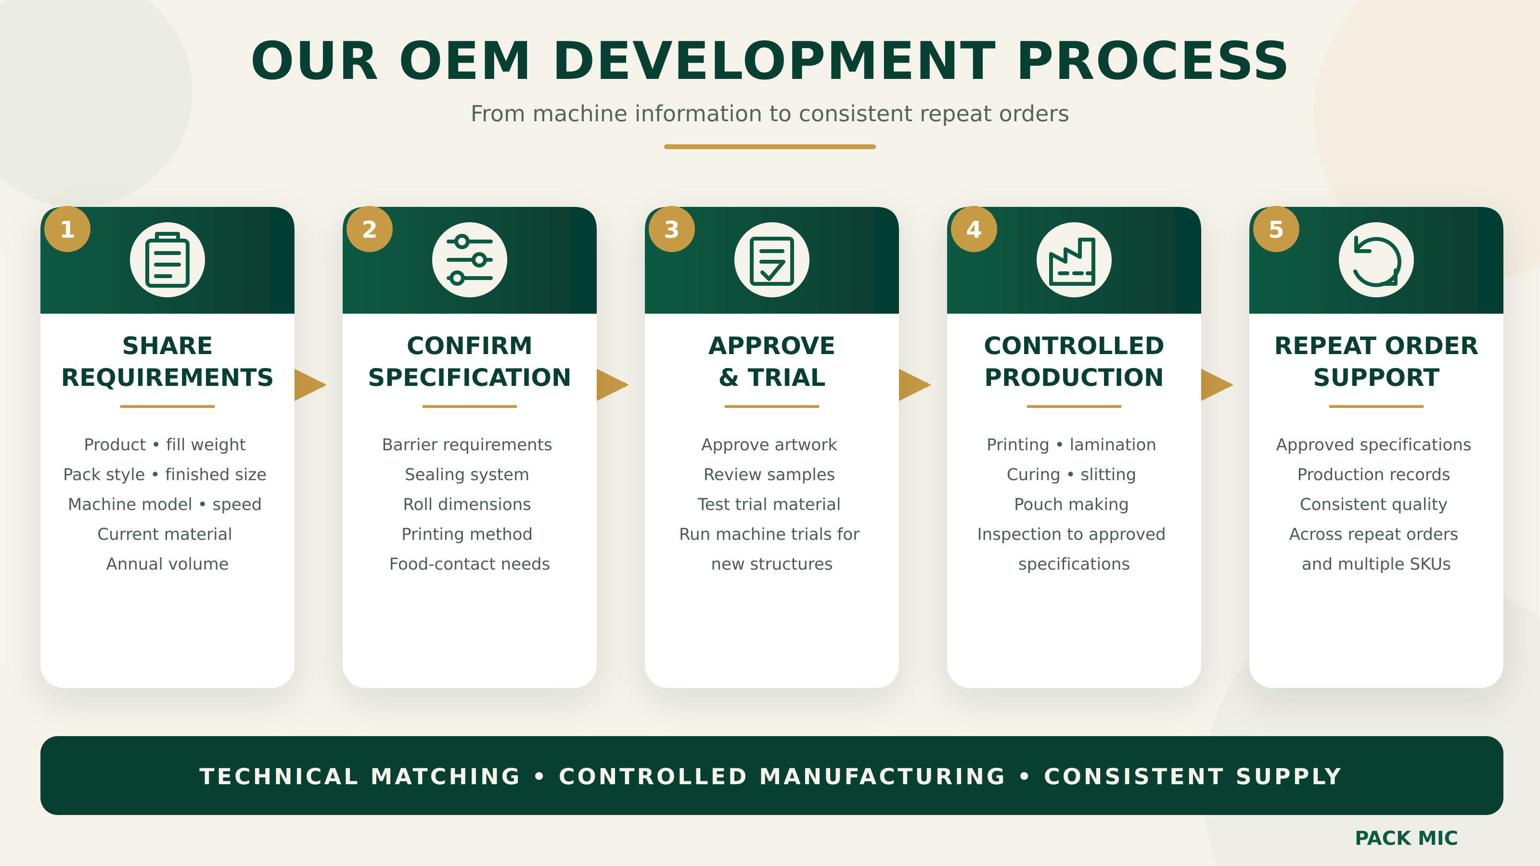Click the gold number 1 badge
pos(67,229)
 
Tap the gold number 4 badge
pos(974,229)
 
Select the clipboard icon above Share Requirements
pos(167,260)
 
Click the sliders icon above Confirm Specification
pos(470,260)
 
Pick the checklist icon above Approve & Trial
pos(772,260)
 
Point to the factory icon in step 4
pos(1074,260)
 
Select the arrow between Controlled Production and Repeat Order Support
pos(1217,385)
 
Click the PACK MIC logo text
pos(1406,838)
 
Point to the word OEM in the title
pos(464,61)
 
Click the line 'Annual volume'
pos(167,563)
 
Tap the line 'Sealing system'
pos(467,474)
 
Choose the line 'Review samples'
pos(770,474)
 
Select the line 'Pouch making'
pos(1071,504)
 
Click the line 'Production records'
pos(1374,474)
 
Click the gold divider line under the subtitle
pos(770,146)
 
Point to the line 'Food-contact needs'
pos(470,563)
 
